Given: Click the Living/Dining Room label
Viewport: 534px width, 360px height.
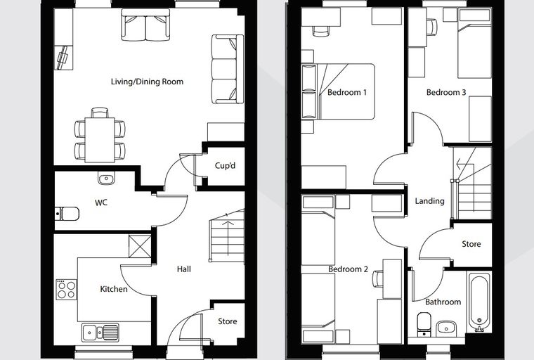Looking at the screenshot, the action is (x=147, y=82).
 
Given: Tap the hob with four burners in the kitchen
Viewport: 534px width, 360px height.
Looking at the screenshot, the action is (x=67, y=290).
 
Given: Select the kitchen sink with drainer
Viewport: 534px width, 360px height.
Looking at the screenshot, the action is (x=100, y=333).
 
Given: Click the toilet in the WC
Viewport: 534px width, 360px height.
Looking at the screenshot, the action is (x=67, y=214).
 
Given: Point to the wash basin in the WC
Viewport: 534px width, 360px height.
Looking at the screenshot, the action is (x=106, y=178).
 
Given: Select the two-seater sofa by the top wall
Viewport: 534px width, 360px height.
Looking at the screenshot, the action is (x=145, y=25).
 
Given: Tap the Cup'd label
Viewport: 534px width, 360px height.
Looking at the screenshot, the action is (x=225, y=166).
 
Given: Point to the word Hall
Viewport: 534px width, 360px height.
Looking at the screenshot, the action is (x=184, y=269).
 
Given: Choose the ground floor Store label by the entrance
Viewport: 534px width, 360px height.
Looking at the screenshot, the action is (x=228, y=321).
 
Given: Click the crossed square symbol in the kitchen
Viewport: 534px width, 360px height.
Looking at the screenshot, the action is (x=140, y=246).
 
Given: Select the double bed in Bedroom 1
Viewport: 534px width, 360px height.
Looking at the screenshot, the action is (x=338, y=91).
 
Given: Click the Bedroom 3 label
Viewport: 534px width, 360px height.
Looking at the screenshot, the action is (x=446, y=92).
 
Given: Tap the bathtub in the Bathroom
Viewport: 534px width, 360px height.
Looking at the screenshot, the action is (x=479, y=302).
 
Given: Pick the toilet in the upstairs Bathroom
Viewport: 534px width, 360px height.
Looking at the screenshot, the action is (x=424, y=323).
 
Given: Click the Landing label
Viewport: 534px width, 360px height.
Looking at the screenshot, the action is (x=430, y=201).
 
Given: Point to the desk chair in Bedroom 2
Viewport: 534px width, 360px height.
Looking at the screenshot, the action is (x=378, y=279).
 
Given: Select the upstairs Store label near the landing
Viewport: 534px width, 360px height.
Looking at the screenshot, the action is (x=471, y=244).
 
